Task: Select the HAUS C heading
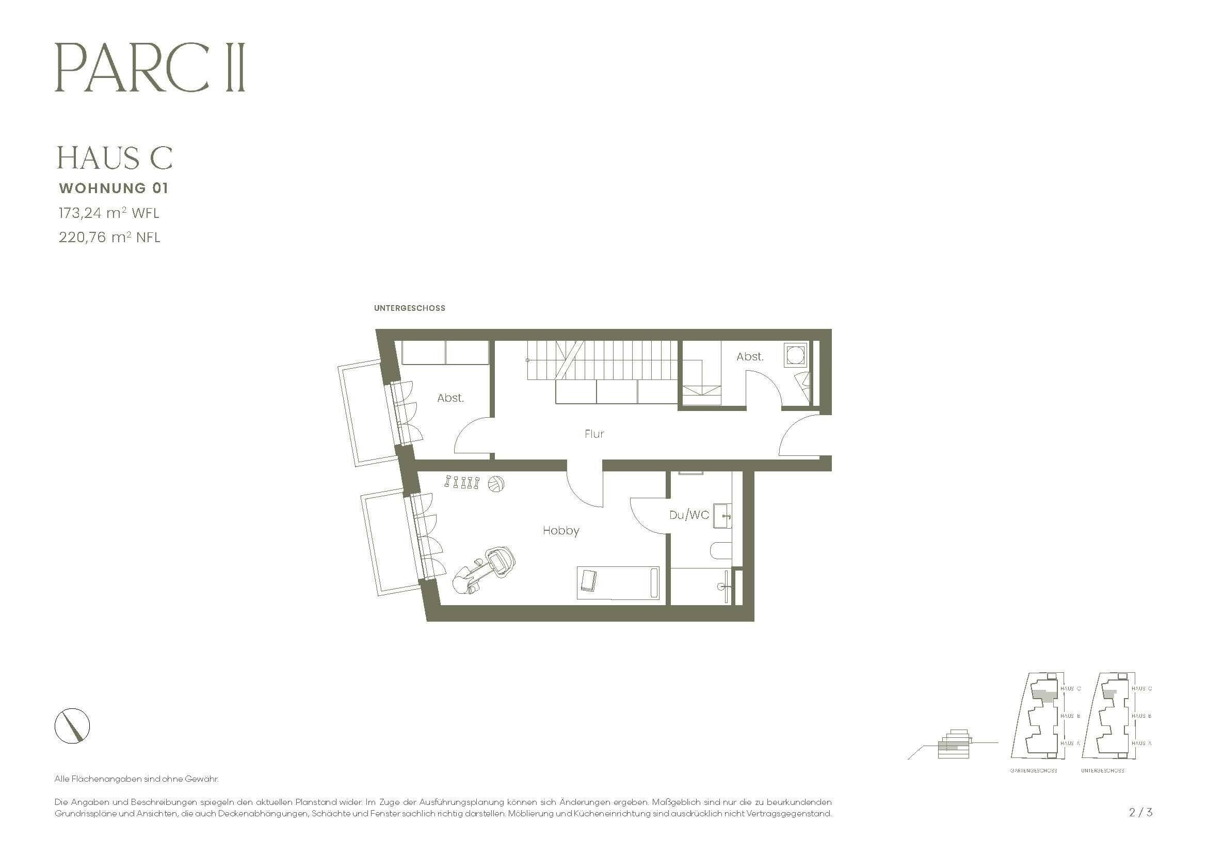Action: (115, 158)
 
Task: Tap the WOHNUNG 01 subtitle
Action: (114, 188)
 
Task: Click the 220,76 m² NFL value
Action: (109, 237)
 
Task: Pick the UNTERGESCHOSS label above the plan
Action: (410, 308)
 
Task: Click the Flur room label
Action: (594, 434)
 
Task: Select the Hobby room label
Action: (561, 531)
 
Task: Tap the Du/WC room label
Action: (689, 515)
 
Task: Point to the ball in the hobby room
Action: (496, 484)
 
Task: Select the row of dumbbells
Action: (462, 482)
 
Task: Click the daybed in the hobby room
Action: (618, 582)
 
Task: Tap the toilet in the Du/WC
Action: (720, 551)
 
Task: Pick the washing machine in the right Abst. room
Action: (794, 354)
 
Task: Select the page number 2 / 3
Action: (1140, 813)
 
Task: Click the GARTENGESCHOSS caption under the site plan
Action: (1034, 770)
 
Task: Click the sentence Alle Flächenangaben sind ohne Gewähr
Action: (136, 779)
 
